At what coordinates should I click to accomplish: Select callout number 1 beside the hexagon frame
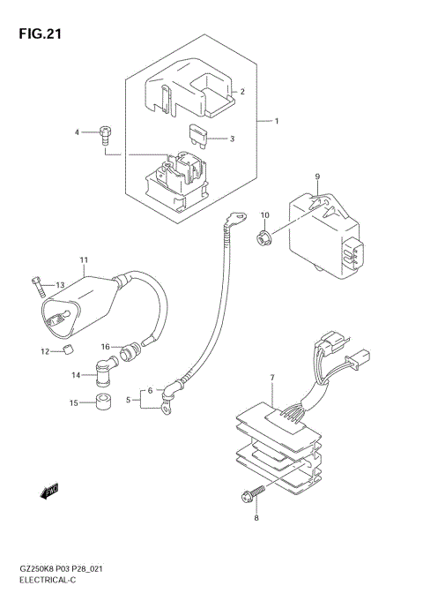click(276, 120)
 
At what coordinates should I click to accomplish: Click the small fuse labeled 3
click(104, 133)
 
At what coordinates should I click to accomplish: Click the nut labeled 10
click(263, 237)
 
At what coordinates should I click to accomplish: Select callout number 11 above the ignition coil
click(84, 261)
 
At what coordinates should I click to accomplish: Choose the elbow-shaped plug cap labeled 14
click(103, 371)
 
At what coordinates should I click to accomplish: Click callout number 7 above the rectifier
click(272, 378)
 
